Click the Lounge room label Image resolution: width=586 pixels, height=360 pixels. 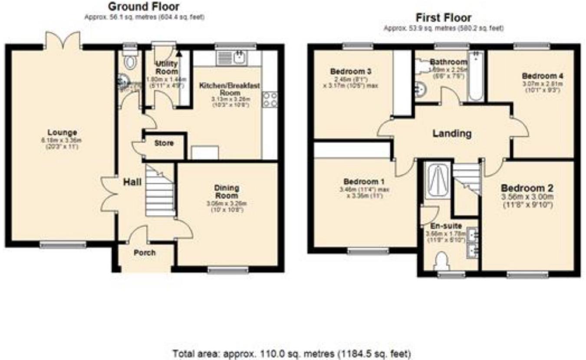coord(63,132)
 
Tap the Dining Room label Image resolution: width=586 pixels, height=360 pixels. coord(227,191)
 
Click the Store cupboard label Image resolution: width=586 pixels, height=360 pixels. coord(163,143)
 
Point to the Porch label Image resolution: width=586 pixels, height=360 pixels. coord(144,252)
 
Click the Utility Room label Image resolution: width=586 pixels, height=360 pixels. coord(166,68)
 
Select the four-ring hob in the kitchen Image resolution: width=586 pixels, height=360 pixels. coord(269,100)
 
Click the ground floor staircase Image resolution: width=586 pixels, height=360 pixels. coord(160,191)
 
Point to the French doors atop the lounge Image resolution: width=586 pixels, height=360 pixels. coord(63,40)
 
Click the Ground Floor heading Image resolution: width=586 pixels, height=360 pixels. coord(143,7)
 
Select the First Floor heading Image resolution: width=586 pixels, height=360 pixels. coord(443,18)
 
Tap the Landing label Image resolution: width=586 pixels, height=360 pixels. coord(452,134)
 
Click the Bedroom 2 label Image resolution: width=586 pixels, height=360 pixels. coord(527,189)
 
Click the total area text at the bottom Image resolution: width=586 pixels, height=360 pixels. coord(291,353)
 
